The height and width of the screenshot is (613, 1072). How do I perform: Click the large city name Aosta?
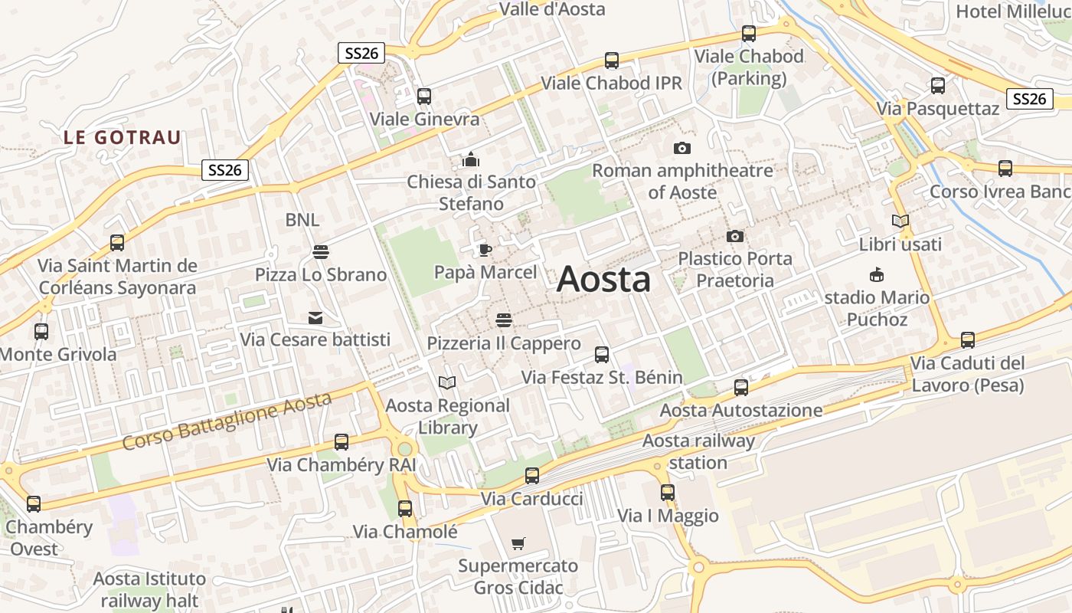coord(603,279)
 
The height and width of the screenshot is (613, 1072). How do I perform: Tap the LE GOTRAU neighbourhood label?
coord(123,138)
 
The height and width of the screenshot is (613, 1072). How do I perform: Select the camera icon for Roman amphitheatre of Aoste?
coord(681,148)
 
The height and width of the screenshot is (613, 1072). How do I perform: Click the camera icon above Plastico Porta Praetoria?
coord(734,236)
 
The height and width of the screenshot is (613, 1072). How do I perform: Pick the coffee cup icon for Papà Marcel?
coord(485,249)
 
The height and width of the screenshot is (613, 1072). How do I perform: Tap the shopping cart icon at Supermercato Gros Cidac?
coord(518,544)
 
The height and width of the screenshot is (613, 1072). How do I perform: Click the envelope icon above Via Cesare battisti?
coord(315,317)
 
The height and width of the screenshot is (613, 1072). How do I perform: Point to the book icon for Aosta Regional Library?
coord(446,382)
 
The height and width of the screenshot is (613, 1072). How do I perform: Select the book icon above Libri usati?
coord(900,221)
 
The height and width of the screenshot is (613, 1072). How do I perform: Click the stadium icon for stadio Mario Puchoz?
coord(876,275)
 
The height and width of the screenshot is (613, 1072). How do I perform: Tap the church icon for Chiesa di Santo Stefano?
coord(470,159)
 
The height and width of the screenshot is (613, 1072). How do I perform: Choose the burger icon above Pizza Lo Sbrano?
coord(320,251)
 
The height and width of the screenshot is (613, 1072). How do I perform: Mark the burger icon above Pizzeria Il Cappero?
coord(503,320)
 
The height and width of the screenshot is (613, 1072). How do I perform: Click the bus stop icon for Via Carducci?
coord(531,476)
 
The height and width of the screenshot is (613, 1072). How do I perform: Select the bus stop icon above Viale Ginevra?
coord(423,97)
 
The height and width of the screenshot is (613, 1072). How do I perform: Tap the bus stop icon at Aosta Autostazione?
coord(740,388)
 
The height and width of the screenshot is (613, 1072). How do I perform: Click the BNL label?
coord(302,220)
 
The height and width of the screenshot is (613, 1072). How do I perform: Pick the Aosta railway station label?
coord(698,451)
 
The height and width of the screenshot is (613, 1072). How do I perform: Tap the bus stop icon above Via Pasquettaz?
coord(937,86)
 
